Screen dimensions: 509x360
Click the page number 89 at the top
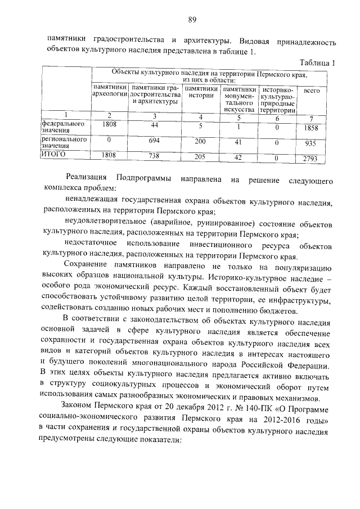[x=192, y=20]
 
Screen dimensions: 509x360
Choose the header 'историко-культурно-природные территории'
[x=278, y=100]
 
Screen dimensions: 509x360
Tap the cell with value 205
[x=201, y=157]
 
